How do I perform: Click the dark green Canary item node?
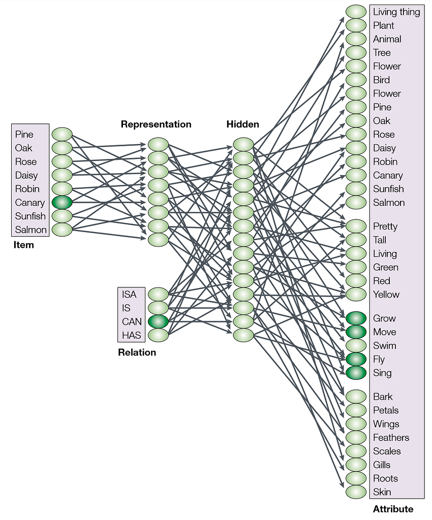pyautogui.click(x=62, y=202)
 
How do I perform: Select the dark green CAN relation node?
pyautogui.click(x=158, y=321)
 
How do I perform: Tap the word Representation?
pyautogui.click(x=156, y=124)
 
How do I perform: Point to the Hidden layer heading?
pyautogui.click(x=242, y=124)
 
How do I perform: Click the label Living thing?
pyautogui.click(x=396, y=12)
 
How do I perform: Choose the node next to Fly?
pyautogui.click(x=356, y=359)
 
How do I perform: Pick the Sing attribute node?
pyautogui.click(x=356, y=373)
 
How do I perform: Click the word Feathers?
pyautogui.click(x=391, y=437)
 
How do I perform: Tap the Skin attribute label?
pyautogui.click(x=382, y=492)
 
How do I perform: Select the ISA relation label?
pyautogui.click(x=129, y=295)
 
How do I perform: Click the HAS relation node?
pyautogui.click(x=158, y=335)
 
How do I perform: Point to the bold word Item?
pyautogui.click(x=23, y=245)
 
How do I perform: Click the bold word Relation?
pyautogui.click(x=137, y=352)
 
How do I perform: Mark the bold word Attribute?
pyautogui.click(x=393, y=509)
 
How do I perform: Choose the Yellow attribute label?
pyautogui.click(x=386, y=295)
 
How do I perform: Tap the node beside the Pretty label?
pyautogui.click(x=356, y=226)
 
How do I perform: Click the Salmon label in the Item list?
pyautogui.click(x=31, y=230)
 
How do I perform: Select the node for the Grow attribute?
pyautogui.click(x=356, y=318)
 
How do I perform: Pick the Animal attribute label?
pyautogui.click(x=387, y=39)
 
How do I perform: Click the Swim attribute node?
pyautogui.click(x=356, y=345)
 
